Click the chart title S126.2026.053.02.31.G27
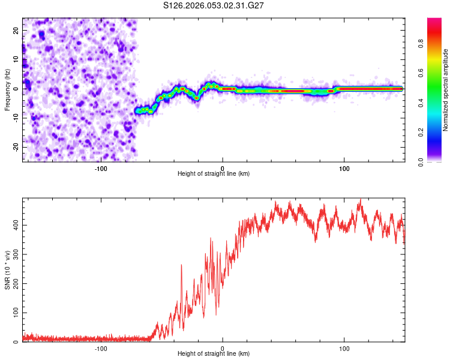click(x=214, y=5)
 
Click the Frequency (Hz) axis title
click(x=7, y=89)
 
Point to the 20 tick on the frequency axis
click(x=16, y=29)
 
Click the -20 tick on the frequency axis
click(x=15, y=147)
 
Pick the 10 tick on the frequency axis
click(x=16, y=59)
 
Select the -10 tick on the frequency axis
click(x=15, y=118)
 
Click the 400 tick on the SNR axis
click(x=14, y=225)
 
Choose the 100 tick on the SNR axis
click(x=14, y=313)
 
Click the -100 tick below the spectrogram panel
click(x=100, y=169)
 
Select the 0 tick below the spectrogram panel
click(x=223, y=169)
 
